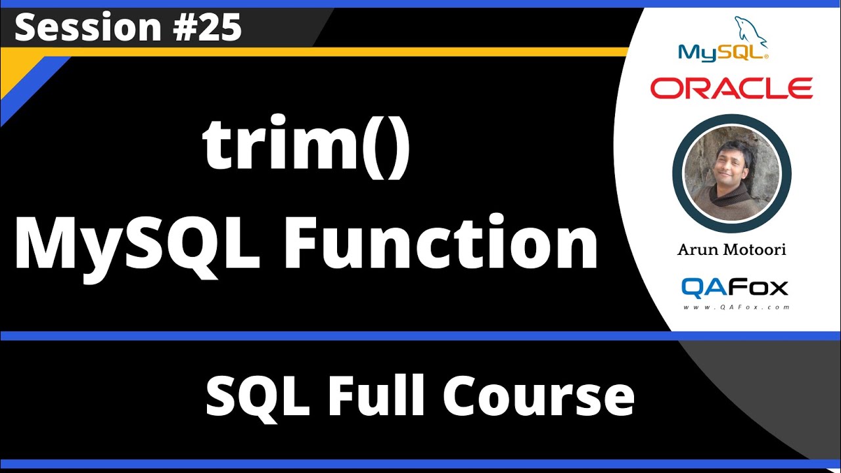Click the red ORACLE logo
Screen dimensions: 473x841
(x=731, y=87)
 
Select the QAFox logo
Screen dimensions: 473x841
(x=734, y=287)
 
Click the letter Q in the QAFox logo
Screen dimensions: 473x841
(x=693, y=287)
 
